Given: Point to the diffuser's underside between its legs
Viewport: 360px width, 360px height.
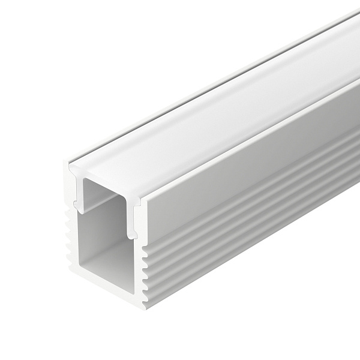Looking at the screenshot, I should [108, 186].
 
